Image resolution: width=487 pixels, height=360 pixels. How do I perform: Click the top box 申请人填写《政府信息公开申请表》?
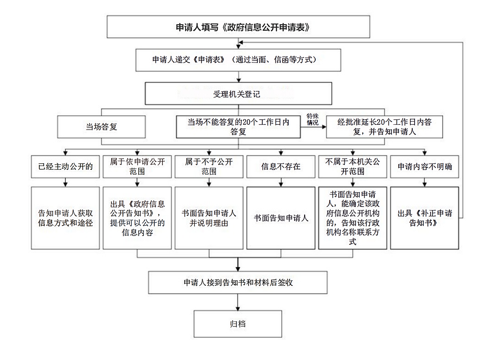point(238,27)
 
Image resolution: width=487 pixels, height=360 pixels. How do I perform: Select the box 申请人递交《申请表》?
point(238,60)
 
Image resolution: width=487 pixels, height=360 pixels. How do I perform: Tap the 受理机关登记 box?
point(238,94)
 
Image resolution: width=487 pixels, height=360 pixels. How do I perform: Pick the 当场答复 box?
point(101,127)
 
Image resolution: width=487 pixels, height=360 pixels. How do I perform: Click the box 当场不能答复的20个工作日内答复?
point(238,127)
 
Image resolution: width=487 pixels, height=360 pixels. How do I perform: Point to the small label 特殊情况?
point(313,120)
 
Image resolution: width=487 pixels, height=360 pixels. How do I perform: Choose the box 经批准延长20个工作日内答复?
point(385,127)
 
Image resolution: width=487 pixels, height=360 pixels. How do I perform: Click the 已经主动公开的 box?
point(65,167)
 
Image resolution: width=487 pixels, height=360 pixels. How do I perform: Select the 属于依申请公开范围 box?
point(137,167)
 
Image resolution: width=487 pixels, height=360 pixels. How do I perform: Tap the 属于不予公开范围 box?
point(209,167)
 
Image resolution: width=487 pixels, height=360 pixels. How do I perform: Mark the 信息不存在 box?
point(281,167)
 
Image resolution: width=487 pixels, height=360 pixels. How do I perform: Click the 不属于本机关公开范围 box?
point(352,167)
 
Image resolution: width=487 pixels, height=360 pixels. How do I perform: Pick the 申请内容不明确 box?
point(425,167)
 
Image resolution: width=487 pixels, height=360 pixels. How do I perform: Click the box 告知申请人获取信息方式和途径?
point(65,218)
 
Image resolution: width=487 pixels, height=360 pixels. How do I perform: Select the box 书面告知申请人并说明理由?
point(209,218)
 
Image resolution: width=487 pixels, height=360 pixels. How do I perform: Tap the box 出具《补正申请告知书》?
point(425,218)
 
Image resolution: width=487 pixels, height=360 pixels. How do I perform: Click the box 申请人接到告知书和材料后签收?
point(238,282)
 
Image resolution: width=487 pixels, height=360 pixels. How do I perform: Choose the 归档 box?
point(238,324)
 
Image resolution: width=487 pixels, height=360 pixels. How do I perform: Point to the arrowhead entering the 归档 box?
point(238,308)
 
